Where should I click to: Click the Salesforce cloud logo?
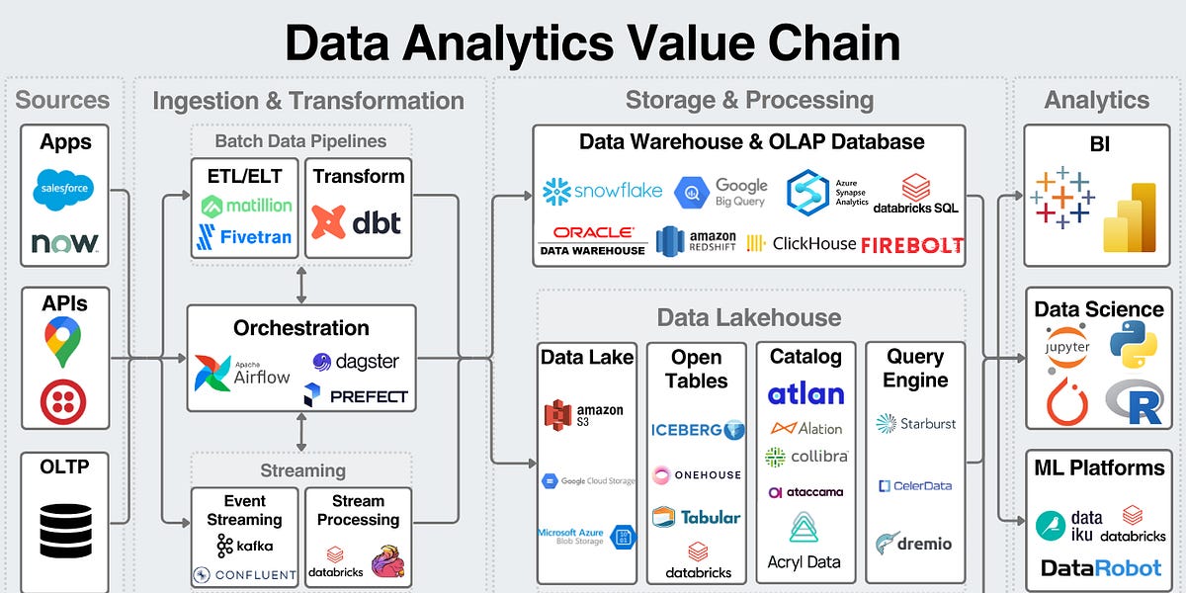click(x=64, y=189)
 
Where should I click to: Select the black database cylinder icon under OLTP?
click(x=65, y=531)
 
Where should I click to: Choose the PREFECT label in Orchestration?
click(x=356, y=396)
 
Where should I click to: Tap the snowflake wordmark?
click(x=603, y=190)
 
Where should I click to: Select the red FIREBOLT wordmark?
click(x=911, y=244)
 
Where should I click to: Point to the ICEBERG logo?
click(x=696, y=430)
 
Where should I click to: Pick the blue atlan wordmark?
click(x=805, y=393)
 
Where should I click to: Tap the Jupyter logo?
click(x=1066, y=347)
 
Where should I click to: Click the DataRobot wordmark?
click(x=1101, y=567)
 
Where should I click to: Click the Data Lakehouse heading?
click(x=749, y=317)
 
